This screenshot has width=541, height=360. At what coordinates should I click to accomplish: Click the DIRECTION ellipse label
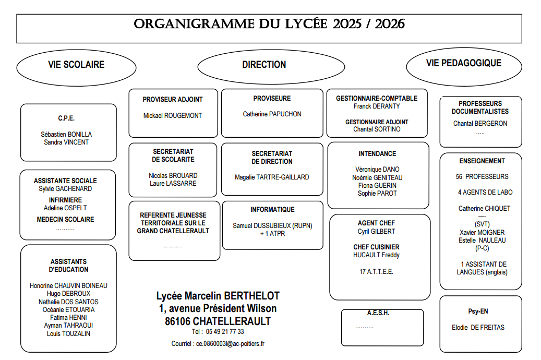tap(264, 65)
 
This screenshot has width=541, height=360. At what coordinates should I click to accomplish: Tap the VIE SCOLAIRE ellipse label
tap(76, 65)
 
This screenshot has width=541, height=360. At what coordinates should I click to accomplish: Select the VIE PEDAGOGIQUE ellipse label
tap(464, 63)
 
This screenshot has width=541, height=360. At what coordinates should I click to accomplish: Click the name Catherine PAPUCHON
tap(272, 114)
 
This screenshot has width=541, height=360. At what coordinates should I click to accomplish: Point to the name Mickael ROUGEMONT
tap(173, 115)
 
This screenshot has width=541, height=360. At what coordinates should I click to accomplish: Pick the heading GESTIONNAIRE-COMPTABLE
tap(377, 98)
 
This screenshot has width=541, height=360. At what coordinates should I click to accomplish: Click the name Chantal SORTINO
tap(377, 129)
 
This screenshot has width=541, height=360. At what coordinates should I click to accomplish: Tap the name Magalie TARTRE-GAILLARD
tap(272, 177)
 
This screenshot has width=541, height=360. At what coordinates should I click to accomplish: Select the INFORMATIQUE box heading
tap(272, 210)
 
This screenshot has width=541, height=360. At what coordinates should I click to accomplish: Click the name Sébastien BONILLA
tap(66, 134)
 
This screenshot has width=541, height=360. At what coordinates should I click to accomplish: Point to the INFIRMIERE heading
tap(65, 200)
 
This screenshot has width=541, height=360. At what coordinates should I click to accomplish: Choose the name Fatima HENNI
tap(68, 317)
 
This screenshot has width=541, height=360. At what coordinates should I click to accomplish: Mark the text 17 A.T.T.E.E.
tap(376, 272)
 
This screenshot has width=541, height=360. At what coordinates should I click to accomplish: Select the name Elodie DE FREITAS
tap(478, 328)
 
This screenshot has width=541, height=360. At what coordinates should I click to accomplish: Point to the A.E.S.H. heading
tap(378, 313)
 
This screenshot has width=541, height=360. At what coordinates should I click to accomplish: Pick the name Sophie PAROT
tap(377, 194)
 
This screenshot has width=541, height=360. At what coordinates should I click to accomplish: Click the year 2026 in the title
tap(390, 24)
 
